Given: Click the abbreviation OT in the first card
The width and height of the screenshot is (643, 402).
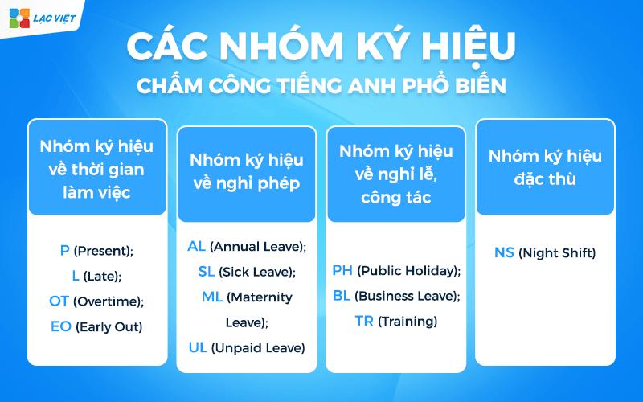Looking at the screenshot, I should [x=59, y=301].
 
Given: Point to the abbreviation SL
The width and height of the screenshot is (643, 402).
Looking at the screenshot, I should [x=207, y=271].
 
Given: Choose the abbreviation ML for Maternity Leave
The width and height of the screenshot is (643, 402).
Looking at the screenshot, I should [x=211, y=297].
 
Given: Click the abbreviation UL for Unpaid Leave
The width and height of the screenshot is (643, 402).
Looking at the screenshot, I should [x=198, y=347].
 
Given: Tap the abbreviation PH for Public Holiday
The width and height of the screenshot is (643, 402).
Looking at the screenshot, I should [x=342, y=270].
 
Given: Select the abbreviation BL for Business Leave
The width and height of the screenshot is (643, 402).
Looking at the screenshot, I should [x=341, y=295].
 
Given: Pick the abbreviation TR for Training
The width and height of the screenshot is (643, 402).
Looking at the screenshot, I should [x=364, y=321].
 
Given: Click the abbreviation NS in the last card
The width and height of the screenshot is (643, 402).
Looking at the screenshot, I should [x=504, y=253].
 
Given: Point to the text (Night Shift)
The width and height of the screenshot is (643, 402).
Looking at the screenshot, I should [x=557, y=253].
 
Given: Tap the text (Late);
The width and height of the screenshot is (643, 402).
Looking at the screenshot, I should [x=102, y=276].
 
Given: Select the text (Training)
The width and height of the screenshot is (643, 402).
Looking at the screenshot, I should [x=408, y=322].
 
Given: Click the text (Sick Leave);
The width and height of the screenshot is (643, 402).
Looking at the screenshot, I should [x=257, y=272].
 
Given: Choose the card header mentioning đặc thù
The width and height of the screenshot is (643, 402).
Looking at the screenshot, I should [x=545, y=167].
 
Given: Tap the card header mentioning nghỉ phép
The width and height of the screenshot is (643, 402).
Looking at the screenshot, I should [x=245, y=171].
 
